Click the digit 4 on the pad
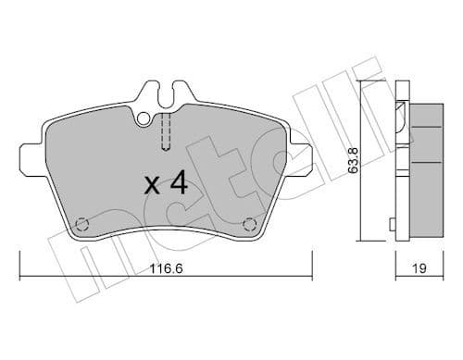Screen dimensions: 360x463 [x=178, y=183]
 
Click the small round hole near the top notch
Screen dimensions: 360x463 [x=143, y=118]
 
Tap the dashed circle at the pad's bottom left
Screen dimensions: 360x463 [x=81, y=223]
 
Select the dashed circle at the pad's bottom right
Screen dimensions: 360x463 [x=247, y=223]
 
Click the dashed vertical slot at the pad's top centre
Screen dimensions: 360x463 [x=165, y=130]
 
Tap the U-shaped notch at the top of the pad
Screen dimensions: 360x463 [x=165, y=93]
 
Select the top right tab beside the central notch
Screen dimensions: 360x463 [x=183, y=94]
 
